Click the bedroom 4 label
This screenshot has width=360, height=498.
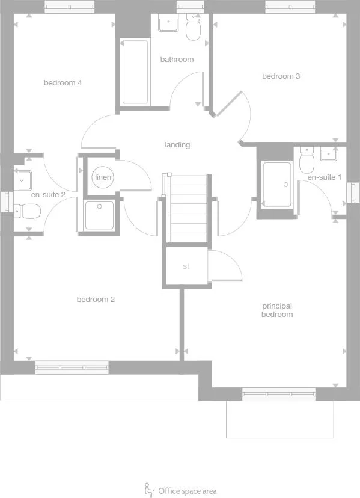tap(63, 83)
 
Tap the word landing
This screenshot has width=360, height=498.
tap(177, 145)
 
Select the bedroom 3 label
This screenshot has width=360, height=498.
tap(281, 76)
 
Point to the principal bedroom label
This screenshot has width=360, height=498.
tap(277, 310)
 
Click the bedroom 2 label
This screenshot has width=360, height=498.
tap(96, 300)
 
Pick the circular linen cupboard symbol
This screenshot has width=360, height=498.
tap(103, 178)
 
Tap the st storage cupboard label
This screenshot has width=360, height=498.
tap(186, 266)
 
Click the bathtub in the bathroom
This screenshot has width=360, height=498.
tap(135, 72)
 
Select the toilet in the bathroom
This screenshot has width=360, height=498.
tap(194, 28)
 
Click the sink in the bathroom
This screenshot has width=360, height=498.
tap(168, 24)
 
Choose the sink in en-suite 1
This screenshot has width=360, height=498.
tap(329, 155)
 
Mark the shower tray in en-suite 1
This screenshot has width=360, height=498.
tap(277, 184)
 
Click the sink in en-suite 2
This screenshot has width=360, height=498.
tap(24, 179)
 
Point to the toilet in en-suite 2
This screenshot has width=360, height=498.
tap(28, 211)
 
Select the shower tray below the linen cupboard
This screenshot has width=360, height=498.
tap(99, 215)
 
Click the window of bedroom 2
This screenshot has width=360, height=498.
tap(72, 367)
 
